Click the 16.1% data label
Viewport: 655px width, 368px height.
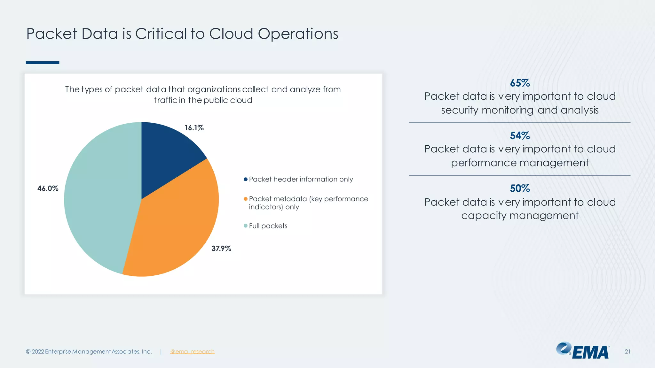[x=194, y=128]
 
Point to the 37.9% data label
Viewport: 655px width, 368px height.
[x=221, y=249]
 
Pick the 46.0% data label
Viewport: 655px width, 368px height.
[x=48, y=188]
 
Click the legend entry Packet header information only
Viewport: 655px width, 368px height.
[x=301, y=179]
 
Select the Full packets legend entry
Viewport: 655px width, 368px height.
[x=268, y=226]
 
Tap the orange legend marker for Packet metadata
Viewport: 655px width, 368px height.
[x=246, y=199]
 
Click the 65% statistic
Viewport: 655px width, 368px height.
[x=520, y=83]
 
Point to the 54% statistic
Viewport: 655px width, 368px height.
[x=520, y=136]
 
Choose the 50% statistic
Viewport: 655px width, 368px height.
[x=520, y=188]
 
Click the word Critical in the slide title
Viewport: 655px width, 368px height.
[x=161, y=34]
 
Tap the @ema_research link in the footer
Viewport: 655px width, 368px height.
[x=192, y=351]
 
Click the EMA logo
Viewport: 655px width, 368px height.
[x=583, y=351]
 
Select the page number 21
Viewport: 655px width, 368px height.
[x=627, y=351]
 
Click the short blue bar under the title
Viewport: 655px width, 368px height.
[x=43, y=63]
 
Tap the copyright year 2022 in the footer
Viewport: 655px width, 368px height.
[x=38, y=351]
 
